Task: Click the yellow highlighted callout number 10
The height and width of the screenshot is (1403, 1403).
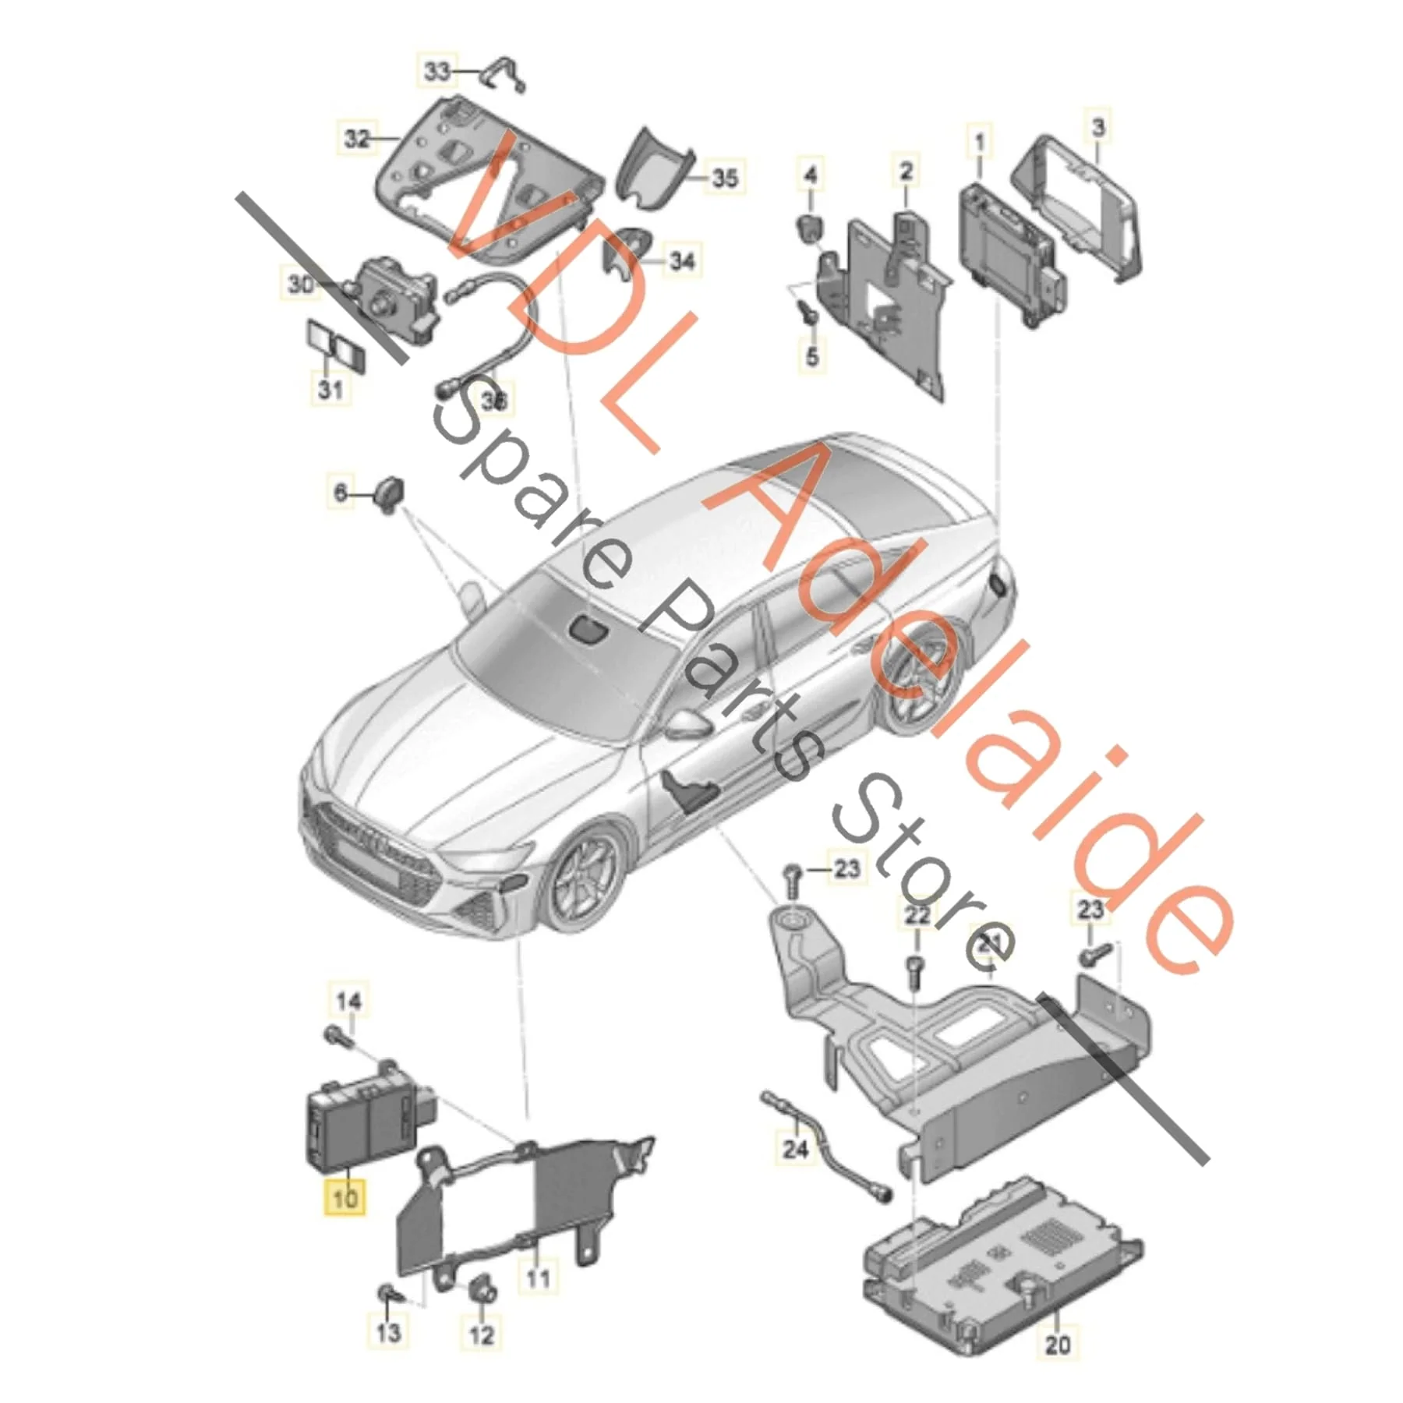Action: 345,1196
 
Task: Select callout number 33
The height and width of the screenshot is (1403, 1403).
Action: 437,72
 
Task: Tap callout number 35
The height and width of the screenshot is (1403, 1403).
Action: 725,178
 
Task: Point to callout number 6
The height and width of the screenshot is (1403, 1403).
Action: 341,493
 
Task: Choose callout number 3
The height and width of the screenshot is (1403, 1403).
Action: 1098,126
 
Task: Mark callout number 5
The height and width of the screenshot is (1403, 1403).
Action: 812,357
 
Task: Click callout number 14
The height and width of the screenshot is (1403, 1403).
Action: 348,1001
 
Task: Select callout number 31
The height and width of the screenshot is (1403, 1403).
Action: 330,388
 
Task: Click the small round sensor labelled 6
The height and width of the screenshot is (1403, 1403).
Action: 390,493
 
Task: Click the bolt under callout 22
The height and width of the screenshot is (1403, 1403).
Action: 916,971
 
